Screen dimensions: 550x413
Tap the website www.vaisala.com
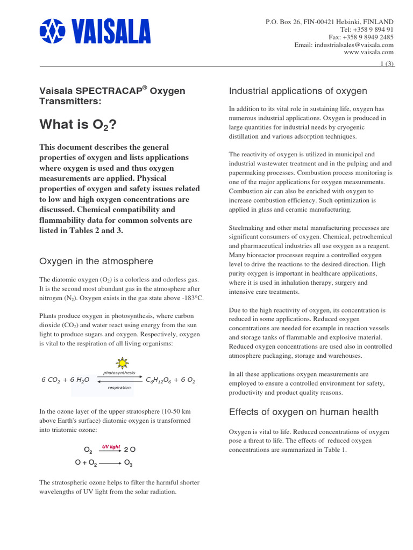point(368,53)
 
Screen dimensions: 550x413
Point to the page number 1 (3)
point(387,64)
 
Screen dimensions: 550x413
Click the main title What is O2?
point(77,125)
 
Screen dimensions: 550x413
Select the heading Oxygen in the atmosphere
point(96,262)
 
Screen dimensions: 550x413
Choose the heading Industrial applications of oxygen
point(298,91)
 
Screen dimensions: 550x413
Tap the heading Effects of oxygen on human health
point(303,412)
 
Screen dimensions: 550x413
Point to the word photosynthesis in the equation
point(119,373)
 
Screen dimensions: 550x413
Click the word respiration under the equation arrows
point(119,387)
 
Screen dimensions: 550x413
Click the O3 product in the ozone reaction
point(128,462)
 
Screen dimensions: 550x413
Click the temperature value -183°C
point(191,299)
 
